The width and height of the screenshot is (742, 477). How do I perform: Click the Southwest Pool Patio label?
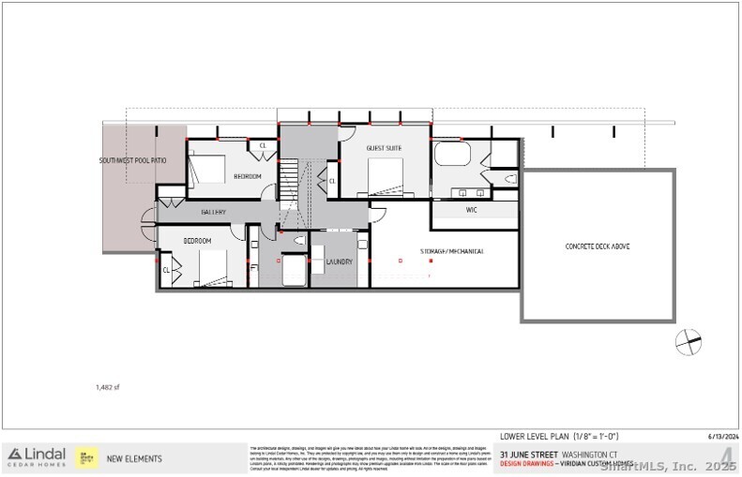click(x=133, y=161)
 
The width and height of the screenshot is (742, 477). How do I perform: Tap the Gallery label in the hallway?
click(x=213, y=213)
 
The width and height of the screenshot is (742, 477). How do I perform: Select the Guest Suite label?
click(x=384, y=148)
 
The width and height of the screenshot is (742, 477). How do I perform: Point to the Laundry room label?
click(x=339, y=262)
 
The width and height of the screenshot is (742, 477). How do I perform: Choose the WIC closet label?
click(x=472, y=210)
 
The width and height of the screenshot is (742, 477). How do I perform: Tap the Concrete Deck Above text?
click(x=598, y=246)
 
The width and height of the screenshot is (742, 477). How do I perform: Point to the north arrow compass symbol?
click(x=689, y=343)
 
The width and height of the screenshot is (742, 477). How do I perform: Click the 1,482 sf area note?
click(x=108, y=386)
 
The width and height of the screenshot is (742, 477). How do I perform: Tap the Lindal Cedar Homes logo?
click(x=36, y=457)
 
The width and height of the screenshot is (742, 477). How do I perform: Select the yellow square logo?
click(x=87, y=457)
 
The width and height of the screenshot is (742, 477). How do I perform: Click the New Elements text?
click(x=134, y=458)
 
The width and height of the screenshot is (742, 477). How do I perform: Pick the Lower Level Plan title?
click(x=559, y=436)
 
